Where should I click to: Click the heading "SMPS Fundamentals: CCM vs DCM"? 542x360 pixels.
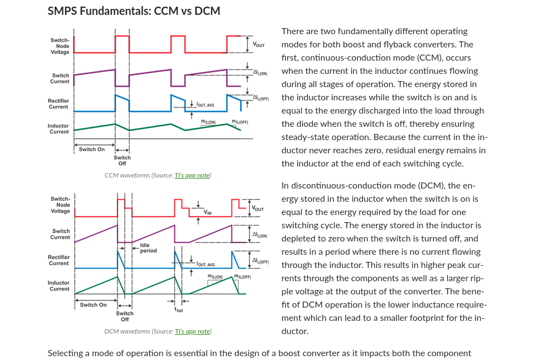[134, 11]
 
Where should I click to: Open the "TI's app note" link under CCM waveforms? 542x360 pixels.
[192, 175]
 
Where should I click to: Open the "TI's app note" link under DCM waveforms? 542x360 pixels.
[192, 331]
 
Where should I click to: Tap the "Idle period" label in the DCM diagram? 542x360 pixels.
[148, 248]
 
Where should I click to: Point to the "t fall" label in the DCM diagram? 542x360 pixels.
[179, 310]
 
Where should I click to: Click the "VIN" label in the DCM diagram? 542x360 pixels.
[207, 212]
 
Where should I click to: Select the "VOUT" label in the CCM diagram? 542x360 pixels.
[259, 45]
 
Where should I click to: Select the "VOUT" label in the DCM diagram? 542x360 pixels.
[257, 208]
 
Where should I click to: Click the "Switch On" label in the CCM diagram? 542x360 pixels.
[92, 149]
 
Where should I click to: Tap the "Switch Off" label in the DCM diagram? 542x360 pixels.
[125, 316]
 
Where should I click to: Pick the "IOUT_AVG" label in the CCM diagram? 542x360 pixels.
[205, 105]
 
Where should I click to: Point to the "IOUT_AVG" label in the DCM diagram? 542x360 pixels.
[206, 264]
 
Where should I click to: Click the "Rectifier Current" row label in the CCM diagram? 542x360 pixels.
[58, 104]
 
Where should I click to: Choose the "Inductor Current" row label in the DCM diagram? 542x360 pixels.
[58, 286]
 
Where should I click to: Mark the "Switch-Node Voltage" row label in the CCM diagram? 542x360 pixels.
[60, 46]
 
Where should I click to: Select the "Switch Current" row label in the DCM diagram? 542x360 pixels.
[60, 234]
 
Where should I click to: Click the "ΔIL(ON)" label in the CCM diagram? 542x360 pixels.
[260, 73]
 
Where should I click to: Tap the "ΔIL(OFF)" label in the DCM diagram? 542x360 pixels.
[260, 261]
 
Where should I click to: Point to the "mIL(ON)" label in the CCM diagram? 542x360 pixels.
[208, 122]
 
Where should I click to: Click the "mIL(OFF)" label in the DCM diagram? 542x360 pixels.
[242, 277]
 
